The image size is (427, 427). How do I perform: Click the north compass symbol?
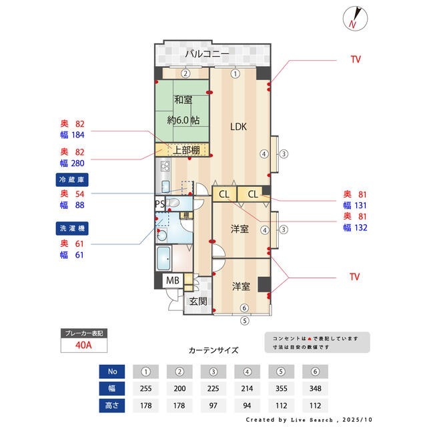(x=353, y=18)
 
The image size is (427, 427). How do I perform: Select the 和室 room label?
(x=183, y=100)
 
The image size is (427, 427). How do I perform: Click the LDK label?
(x=238, y=126)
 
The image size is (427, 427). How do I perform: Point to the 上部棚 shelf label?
(x=186, y=150)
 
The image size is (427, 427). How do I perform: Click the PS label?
(x=159, y=203)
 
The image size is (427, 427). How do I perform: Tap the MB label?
(x=172, y=281)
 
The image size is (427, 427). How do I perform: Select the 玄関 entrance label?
(x=197, y=301)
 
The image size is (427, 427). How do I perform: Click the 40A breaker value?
(x=83, y=345)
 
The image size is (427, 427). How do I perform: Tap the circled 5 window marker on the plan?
(x=244, y=320)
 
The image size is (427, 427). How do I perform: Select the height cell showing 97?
(x=214, y=406)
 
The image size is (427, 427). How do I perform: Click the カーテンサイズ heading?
(x=213, y=350)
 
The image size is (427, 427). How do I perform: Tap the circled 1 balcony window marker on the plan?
(x=235, y=73)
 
